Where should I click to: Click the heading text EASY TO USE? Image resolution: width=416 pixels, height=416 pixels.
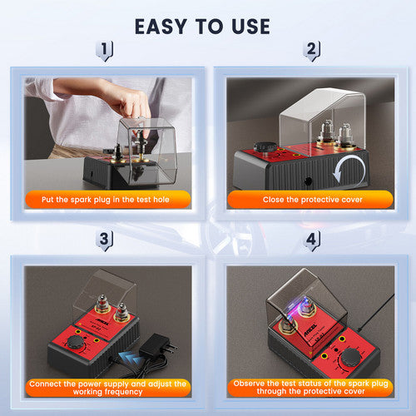click(x=202, y=26)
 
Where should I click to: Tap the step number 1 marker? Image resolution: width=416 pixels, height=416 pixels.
click(x=104, y=52)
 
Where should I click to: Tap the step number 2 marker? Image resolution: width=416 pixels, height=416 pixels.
click(x=311, y=52)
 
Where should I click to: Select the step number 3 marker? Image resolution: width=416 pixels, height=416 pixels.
click(x=104, y=241)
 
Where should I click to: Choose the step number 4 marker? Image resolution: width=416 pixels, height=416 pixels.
click(x=311, y=241)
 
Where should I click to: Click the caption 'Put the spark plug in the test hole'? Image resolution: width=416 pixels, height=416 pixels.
click(x=108, y=200)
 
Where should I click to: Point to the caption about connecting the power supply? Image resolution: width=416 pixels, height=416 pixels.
click(x=108, y=389)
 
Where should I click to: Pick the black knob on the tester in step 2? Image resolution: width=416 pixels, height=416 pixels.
click(x=265, y=148)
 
